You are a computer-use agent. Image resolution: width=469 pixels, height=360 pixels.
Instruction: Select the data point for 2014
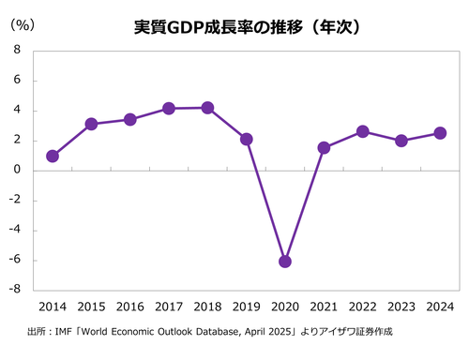pos(53,156)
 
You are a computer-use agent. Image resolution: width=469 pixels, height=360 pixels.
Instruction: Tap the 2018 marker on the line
pos(207,108)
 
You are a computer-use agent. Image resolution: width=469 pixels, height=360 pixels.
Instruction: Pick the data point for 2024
pos(440,133)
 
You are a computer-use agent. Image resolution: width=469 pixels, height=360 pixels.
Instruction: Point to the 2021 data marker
pos(324,147)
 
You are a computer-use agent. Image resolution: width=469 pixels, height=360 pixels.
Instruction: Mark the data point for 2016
pos(130,119)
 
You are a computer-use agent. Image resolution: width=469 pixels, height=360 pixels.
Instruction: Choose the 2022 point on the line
pos(362,131)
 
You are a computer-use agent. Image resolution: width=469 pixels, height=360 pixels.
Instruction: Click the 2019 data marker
pos(246,139)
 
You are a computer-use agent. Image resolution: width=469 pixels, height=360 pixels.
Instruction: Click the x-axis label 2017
pos(169,307)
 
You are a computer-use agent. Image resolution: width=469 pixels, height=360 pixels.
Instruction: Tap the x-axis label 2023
pos(401,307)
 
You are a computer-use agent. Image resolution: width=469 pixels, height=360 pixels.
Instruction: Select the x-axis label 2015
pos(91,307)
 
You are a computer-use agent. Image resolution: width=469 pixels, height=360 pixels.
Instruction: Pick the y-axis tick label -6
pos(16,261)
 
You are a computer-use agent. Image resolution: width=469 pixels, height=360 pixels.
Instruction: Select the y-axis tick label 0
pos(19,171)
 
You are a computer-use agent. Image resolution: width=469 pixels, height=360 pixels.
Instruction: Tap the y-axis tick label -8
pos(16,290)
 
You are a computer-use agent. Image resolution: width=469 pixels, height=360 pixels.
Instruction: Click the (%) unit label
pos(22,24)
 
